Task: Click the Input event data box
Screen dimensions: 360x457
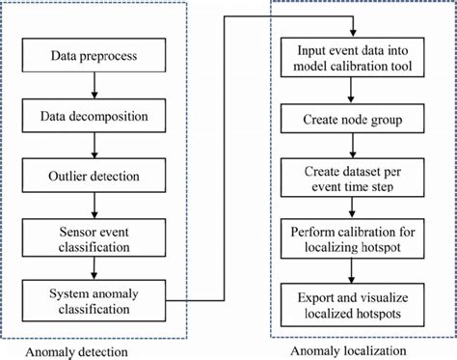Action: (x=352, y=57)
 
